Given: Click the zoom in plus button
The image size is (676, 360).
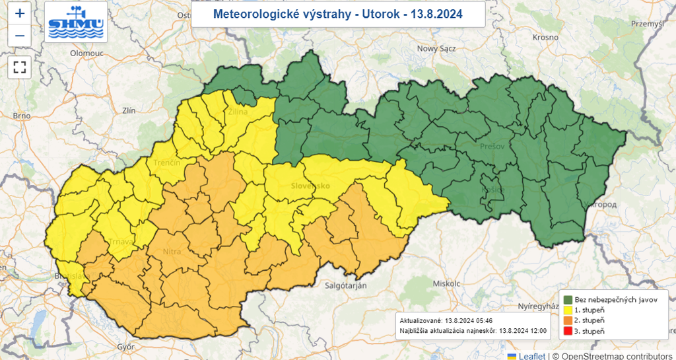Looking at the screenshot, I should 20,13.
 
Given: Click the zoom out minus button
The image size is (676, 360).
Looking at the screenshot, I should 20,36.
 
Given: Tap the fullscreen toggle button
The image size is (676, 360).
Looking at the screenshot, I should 20,67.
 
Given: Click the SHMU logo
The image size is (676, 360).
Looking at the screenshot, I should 77,22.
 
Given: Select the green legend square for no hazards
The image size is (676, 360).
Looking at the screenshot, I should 567,299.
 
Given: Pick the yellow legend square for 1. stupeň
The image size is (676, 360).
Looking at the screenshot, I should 567,310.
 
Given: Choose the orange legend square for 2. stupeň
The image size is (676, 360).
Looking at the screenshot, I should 567,320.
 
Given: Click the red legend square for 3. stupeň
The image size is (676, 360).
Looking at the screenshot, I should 567,331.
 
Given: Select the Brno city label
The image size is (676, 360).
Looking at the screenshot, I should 22,116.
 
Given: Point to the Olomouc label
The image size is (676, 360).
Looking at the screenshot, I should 88,53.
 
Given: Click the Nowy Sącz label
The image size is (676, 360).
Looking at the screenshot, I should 436,48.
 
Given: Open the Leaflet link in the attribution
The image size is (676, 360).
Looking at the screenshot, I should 531,356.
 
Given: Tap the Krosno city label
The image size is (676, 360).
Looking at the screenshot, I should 545,38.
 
